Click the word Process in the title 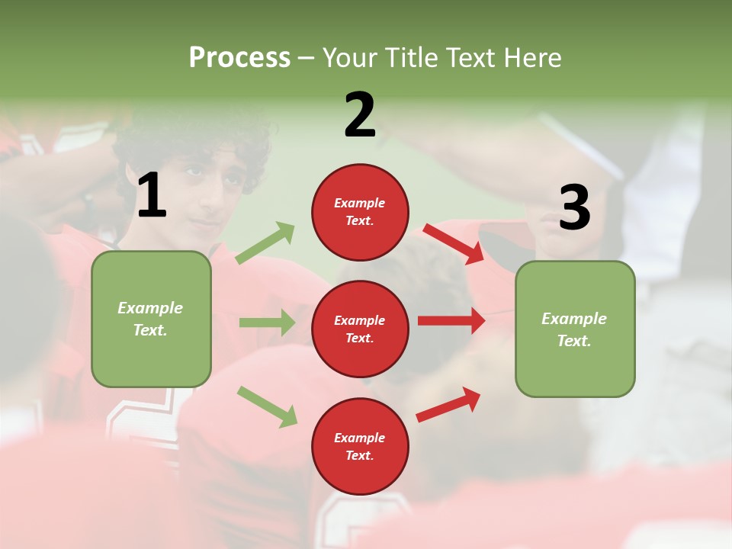click(x=239, y=58)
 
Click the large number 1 click(x=152, y=196)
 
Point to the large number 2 click(x=360, y=115)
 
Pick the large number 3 click(x=574, y=207)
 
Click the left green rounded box click(x=151, y=319)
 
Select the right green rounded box click(x=575, y=329)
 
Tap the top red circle click(x=360, y=212)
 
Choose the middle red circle click(x=360, y=329)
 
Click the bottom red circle click(x=360, y=447)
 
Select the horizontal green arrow click(x=267, y=323)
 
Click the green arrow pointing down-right click(x=267, y=406)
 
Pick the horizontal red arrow click(x=451, y=321)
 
